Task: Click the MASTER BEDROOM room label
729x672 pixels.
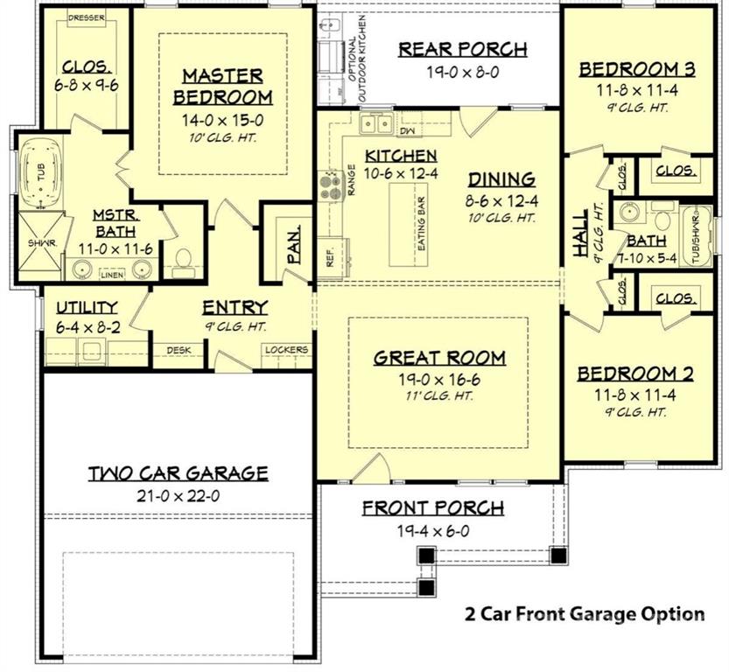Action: (x=222, y=85)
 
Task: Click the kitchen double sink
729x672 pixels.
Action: (x=376, y=123)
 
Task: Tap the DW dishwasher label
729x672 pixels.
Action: (x=406, y=131)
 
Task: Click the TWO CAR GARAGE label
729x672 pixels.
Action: (x=178, y=473)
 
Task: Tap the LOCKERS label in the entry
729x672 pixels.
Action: (x=286, y=350)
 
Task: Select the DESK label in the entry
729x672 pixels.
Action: (x=179, y=350)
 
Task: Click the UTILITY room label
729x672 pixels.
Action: (x=87, y=306)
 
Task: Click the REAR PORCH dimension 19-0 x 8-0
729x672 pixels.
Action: (x=462, y=73)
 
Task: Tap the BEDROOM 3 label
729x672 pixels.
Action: (x=638, y=69)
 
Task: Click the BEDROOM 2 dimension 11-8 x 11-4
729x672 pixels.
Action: (x=635, y=395)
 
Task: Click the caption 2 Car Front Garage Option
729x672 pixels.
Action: (x=584, y=613)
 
